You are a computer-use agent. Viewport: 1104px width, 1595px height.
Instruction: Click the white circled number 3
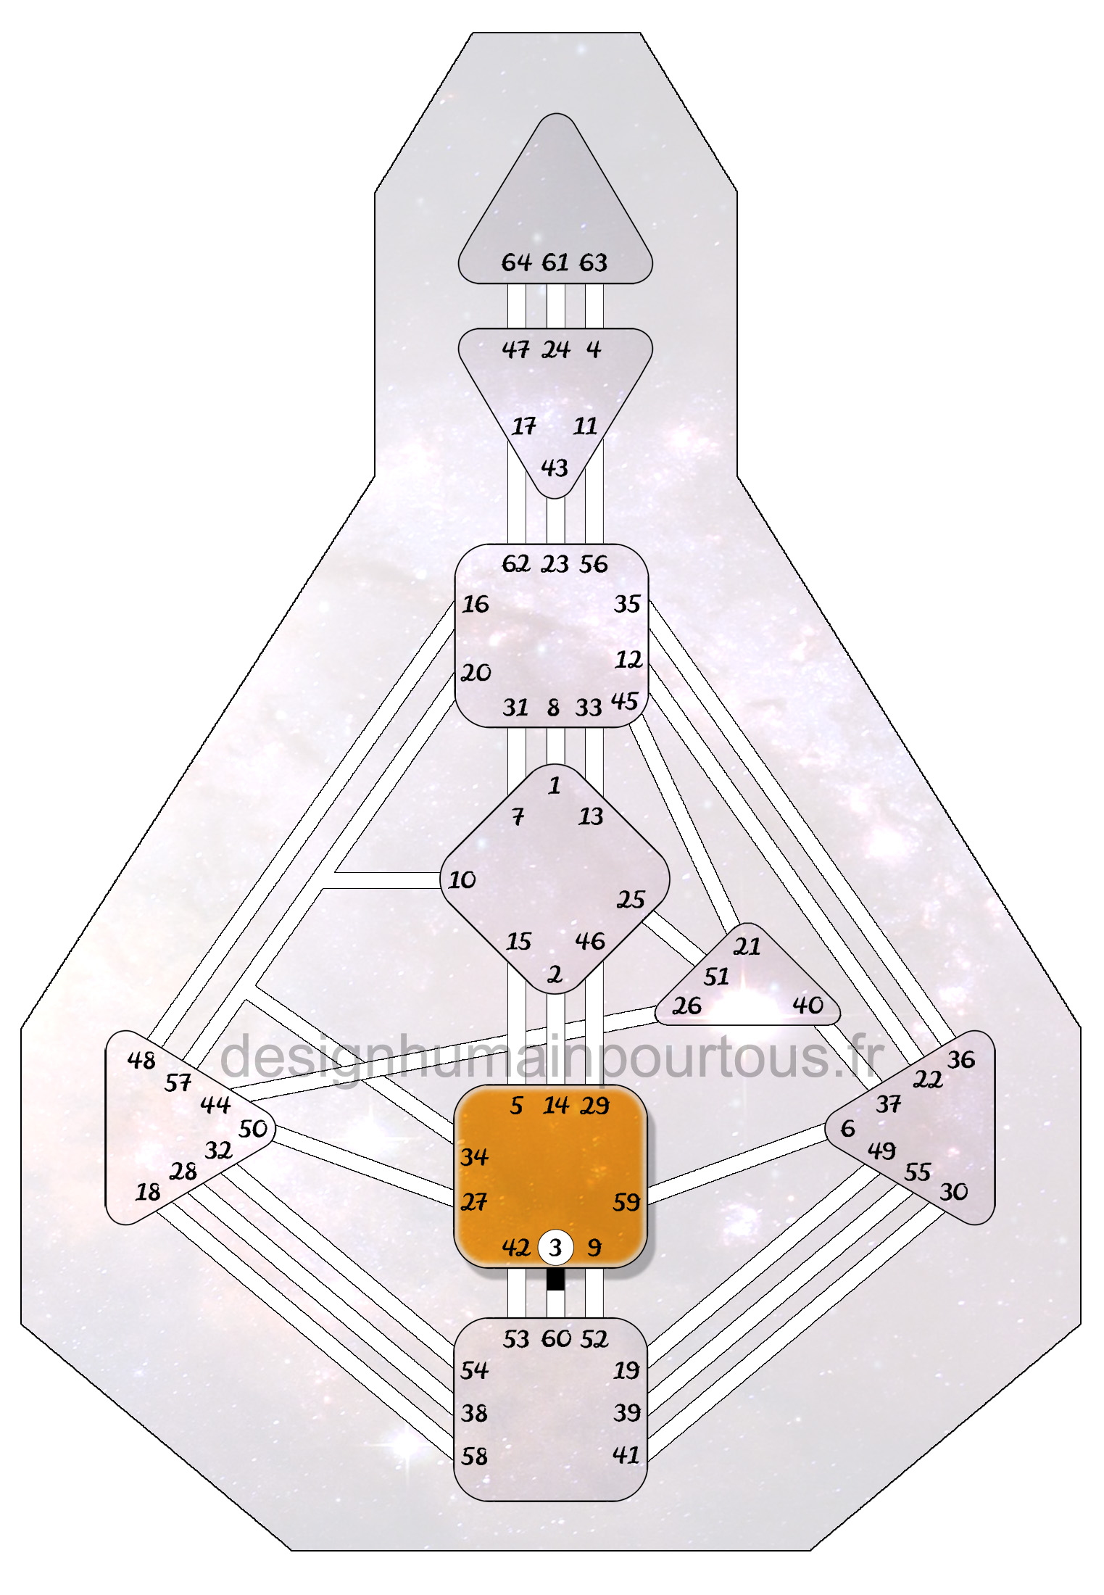tap(555, 1247)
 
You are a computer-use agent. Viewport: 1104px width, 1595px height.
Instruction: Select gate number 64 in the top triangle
tap(516, 262)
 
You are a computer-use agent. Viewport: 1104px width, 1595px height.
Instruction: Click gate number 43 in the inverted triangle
tap(555, 468)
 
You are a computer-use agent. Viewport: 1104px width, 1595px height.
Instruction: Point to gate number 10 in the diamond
tap(462, 879)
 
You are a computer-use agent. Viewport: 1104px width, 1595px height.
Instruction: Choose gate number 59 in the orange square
tap(626, 1202)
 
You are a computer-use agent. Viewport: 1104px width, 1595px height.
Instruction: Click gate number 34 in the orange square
tap(474, 1156)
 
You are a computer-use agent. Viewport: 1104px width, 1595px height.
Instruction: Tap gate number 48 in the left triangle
tap(141, 1060)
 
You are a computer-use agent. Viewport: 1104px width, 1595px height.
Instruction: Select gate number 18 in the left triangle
tap(148, 1192)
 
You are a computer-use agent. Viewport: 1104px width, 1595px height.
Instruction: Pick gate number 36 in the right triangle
tap(961, 1059)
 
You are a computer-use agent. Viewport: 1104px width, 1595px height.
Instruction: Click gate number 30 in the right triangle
tap(954, 1191)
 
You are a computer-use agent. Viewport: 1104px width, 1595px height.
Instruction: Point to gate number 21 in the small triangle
tap(747, 946)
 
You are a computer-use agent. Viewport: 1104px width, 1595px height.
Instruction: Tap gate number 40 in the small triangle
tap(808, 1005)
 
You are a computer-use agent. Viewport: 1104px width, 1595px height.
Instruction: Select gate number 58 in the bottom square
tap(474, 1456)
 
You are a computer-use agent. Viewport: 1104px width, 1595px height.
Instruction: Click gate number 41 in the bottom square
tap(626, 1454)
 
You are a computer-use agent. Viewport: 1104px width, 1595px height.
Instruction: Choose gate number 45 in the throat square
tap(624, 701)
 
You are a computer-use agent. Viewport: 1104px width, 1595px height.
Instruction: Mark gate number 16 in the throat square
tap(476, 604)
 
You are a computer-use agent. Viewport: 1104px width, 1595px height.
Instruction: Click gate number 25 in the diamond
tap(631, 900)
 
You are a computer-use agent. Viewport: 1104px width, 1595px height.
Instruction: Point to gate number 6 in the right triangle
tap(847, 1128)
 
